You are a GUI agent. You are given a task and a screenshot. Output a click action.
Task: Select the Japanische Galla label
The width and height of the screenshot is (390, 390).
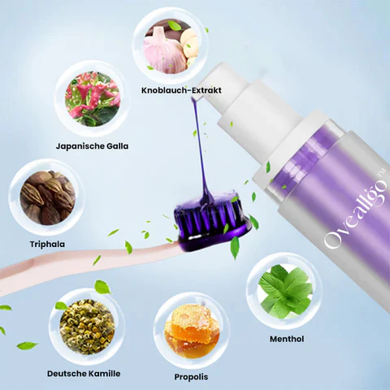[93, 146]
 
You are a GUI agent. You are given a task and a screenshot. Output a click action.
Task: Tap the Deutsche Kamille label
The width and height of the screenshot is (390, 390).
[84, 373]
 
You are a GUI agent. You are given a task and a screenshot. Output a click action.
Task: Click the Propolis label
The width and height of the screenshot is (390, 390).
[191, 377]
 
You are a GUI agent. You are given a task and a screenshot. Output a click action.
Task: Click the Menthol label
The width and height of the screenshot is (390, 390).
[287, 338]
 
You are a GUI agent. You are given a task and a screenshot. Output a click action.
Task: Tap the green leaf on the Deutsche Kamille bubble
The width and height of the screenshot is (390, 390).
[102, 286]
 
